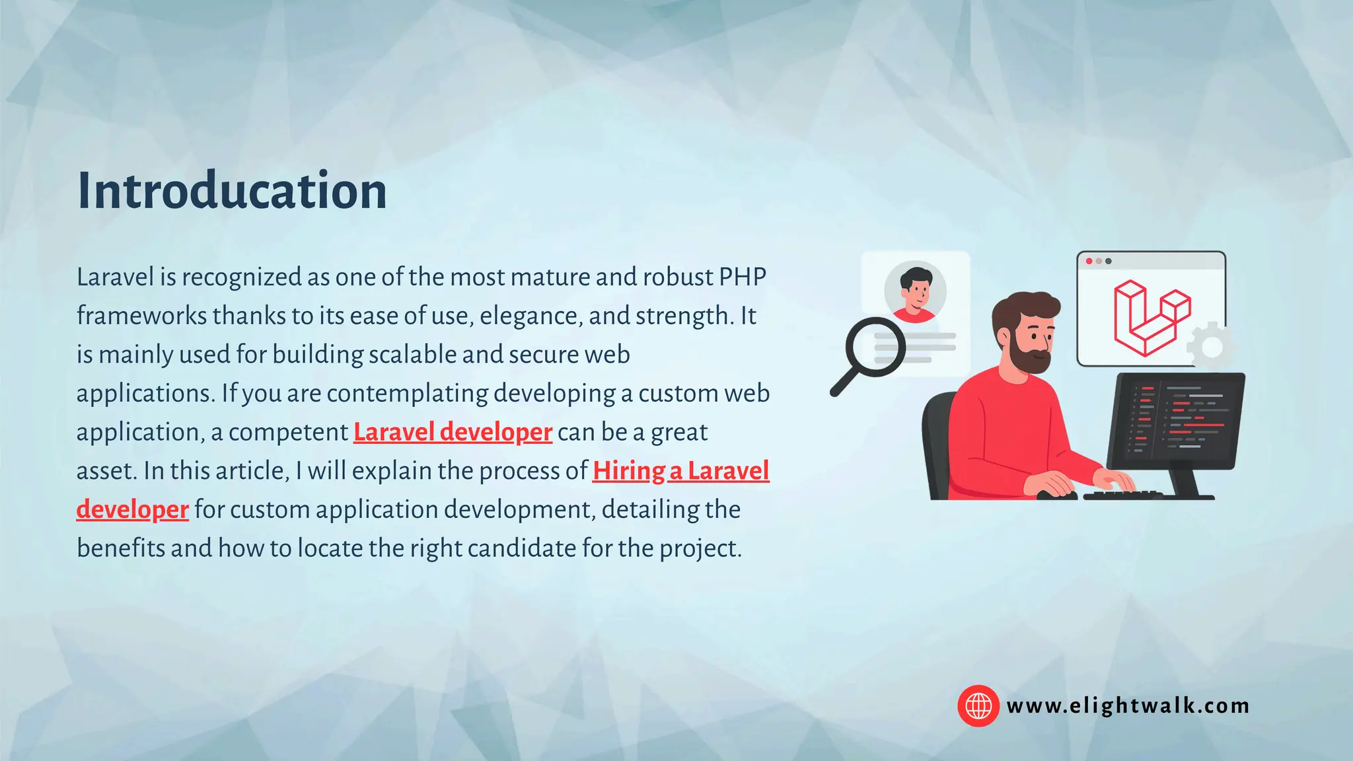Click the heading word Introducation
pos(232,191)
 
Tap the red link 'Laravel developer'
pos(453,432)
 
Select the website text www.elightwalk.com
pos(1128,706)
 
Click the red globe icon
pos(978,706)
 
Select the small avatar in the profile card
pos(915,291)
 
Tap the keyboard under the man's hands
pos(1123,495)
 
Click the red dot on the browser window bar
pos(1089,261)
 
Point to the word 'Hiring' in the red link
pos(628,471)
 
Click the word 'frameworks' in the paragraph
pos(141,316)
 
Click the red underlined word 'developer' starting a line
pos(132,510)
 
